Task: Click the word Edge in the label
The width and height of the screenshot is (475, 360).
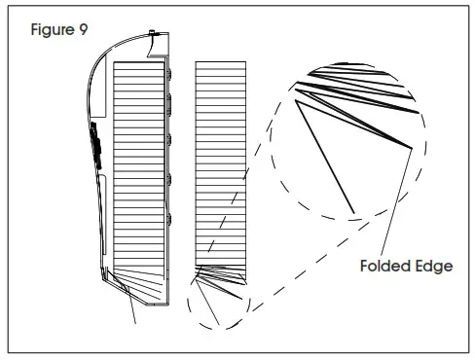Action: (433, 266)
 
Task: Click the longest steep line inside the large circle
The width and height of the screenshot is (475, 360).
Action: (324, 156)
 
